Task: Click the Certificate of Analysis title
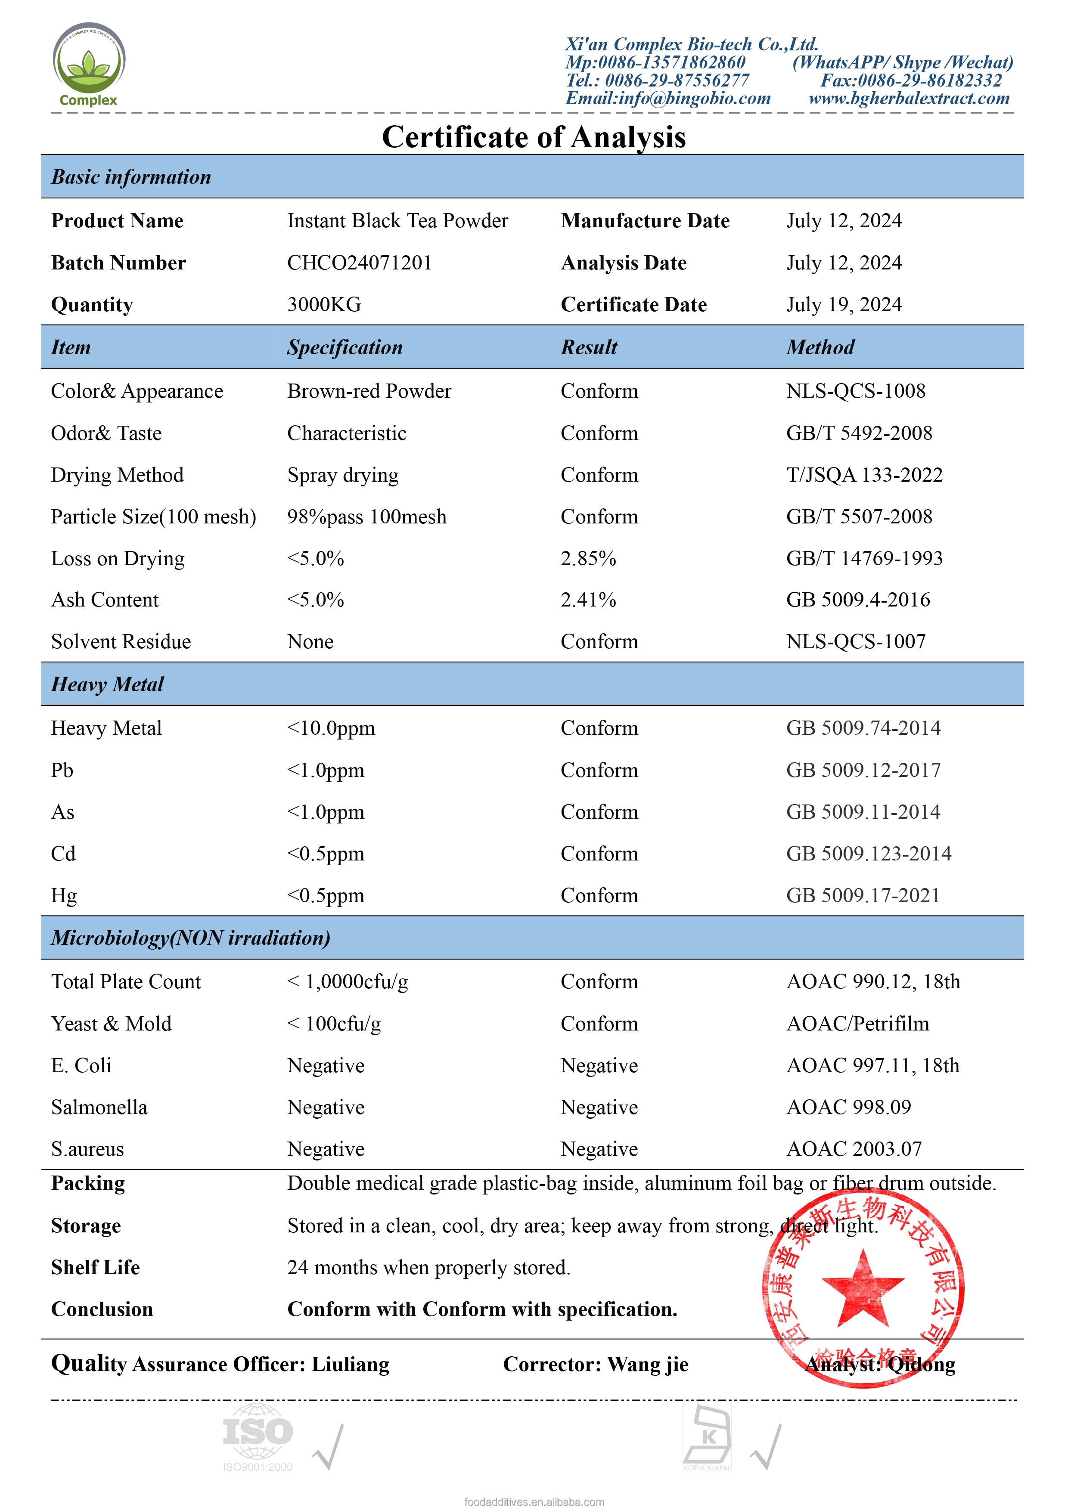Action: point(534,137)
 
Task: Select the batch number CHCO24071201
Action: point(359,263)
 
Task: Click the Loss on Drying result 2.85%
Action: point(588,559)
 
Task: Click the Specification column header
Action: point(345,348)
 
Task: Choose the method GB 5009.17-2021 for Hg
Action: point(863,896)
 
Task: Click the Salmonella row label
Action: point(99,1108)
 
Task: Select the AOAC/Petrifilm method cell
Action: point(857,1024)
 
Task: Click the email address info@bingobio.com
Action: point(668,99)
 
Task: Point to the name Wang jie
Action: point(648,1365)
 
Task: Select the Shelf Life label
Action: point(96,1268)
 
